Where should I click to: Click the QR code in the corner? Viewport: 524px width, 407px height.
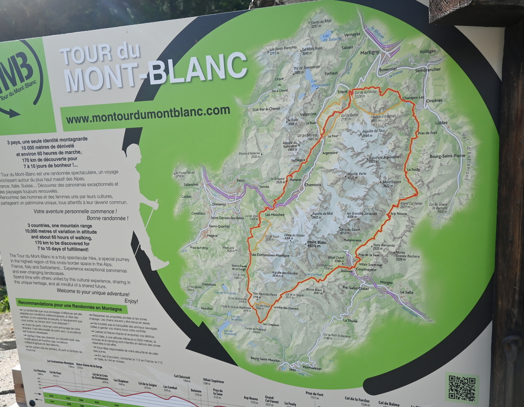(462, 388)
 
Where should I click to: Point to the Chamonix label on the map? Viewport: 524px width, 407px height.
(312, 185)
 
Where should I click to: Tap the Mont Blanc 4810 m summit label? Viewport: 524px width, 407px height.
(316, 244)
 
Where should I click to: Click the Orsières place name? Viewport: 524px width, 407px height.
(434, 100)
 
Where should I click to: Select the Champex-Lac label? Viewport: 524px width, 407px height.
(413, 97)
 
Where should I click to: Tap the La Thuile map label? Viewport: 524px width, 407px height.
(350, 320)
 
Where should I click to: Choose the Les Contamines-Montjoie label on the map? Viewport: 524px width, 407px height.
(270, 255)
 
